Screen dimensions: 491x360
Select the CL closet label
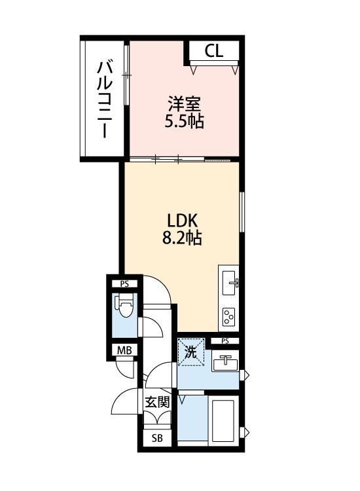coord(213,51)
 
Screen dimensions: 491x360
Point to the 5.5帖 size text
coord(183,121)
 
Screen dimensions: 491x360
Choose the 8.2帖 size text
coord(181,238)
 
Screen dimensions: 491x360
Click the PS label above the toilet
coord(124,283)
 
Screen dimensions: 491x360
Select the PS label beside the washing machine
coord(225,341)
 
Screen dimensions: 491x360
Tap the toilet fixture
coord(123,306)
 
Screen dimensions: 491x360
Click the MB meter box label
coord(124,350)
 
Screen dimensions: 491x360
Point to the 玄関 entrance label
coord(157,402)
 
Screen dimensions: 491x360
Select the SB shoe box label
coord(157,438)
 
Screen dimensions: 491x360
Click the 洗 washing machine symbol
coord(191,352)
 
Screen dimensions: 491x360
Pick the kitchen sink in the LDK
coord(230,282)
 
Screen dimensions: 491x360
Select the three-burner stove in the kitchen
coord(230,317)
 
